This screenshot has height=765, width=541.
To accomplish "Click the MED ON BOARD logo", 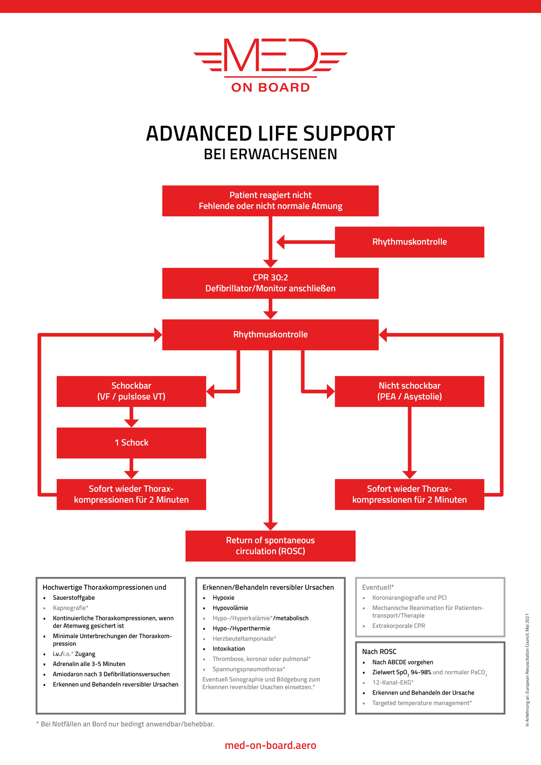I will tap(270, 65).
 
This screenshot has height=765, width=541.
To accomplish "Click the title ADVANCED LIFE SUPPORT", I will tap(270, 134).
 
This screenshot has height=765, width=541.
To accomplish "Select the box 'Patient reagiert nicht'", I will tap(270, 201).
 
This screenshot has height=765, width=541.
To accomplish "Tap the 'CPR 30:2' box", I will tap(270, 283).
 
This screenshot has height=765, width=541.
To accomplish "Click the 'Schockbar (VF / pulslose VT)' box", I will tap(131, 391).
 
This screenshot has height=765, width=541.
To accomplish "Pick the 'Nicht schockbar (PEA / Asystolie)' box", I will tap(409, 391).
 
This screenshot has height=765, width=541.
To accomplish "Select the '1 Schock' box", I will tap(131, 443).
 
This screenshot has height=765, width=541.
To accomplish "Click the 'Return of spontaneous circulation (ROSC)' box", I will tap(270, 546).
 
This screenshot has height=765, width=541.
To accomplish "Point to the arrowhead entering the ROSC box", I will tap(270, 526).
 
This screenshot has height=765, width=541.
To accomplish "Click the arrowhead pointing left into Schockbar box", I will tap(210, 391).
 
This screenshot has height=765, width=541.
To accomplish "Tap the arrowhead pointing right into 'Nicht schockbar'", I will tap(331, 391).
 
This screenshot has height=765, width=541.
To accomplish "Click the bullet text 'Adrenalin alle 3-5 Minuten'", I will tap(89, 664).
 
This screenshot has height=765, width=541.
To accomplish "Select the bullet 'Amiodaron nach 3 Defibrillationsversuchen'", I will tap(111, 674).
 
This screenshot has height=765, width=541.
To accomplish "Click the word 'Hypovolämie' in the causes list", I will tap(230, 608).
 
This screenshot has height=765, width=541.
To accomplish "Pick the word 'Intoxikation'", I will tap(229, 649).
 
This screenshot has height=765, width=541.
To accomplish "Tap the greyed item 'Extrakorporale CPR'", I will tap(399, 626).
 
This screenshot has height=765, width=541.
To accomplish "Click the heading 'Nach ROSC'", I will tap(379, 652).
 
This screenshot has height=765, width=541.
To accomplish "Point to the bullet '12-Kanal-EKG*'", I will tap(393, 682).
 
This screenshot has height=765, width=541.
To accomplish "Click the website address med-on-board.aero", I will tap(270, 745).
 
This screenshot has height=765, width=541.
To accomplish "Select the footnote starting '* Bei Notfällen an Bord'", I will tap(125, 724).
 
